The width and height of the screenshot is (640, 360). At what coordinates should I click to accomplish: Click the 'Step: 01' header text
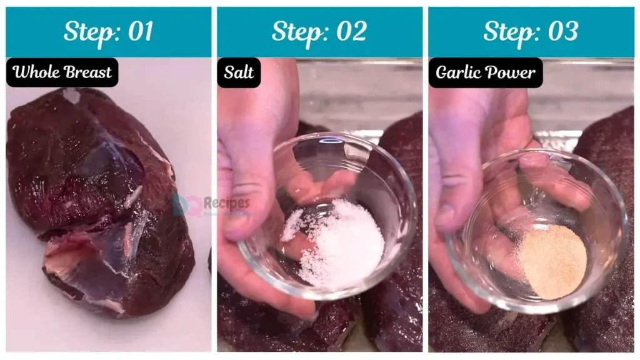(x=108, y=32)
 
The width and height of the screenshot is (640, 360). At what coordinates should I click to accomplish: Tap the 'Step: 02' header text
(x=319, y=32)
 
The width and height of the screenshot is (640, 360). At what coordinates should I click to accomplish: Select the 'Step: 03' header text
(x=530, y=32)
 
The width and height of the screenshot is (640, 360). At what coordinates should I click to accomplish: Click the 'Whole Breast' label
(x=62, y=72)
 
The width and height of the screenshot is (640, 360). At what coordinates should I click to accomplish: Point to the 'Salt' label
(x=239, y=72)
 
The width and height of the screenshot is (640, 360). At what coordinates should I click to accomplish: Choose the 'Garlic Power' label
(x=486, y=72)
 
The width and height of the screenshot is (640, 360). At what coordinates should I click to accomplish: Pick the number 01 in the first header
(x=139, y=32)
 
